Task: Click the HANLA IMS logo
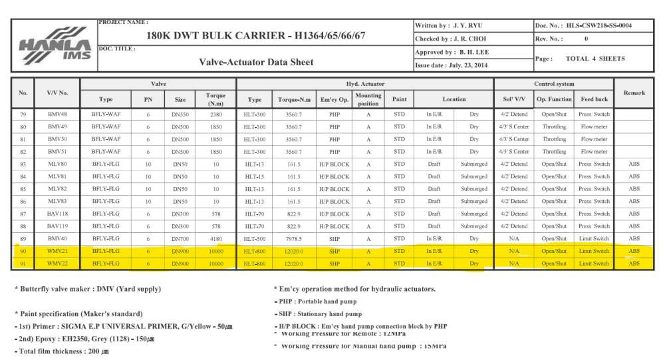[x=54, y=45]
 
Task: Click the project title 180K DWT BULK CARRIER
[x=255, y=35]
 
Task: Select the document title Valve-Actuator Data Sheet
[x=256, y=62]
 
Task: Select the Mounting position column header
[x=368, y=99]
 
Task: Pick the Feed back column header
[x=594, y=99]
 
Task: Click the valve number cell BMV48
[x=57, y=114]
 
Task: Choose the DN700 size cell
[x=180, y=238]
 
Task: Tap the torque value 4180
[x=216, y=238]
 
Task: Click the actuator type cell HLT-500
[x=255, y=238]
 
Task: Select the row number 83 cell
[x=23, y=164]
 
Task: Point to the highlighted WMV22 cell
[x=57, y=264]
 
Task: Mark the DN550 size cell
[x=180, y=114]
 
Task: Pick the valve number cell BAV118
[x=57, y=214]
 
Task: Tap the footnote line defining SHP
[x=318, y=313]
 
